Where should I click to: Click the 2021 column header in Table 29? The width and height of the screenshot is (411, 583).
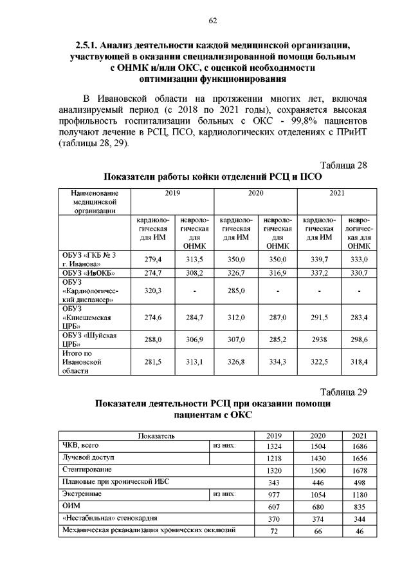[x=360, y=437]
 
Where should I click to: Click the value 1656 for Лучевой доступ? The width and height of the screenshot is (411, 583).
[x=360, y=459]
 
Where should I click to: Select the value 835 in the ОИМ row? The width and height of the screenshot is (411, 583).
[x=360, y=507]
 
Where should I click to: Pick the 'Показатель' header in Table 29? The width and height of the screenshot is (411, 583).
[x=157, y=437]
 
